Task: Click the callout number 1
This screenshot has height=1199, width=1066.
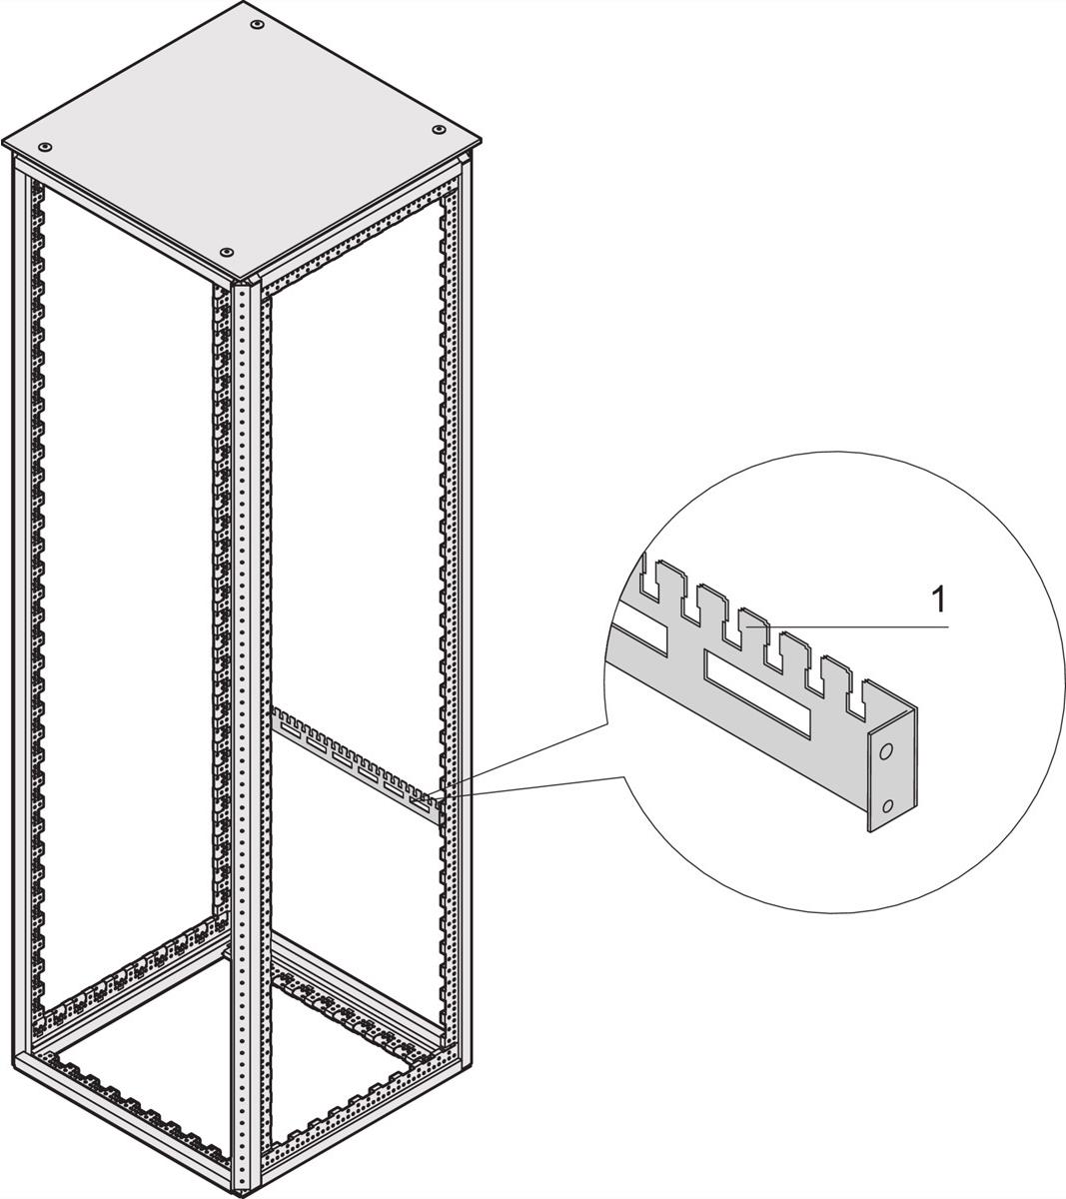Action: tap(938, 600)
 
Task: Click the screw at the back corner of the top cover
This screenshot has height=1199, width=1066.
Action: tap(257, 24)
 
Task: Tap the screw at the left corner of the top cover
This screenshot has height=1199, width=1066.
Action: tap(44, 147)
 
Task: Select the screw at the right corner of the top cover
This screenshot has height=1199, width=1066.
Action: tap(438, 130)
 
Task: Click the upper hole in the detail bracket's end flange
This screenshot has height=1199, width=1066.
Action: tap(886, 751)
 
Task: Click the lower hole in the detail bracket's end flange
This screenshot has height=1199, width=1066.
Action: tap(887, 806)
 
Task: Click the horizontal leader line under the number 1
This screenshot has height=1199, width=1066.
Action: tap(847, 626)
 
